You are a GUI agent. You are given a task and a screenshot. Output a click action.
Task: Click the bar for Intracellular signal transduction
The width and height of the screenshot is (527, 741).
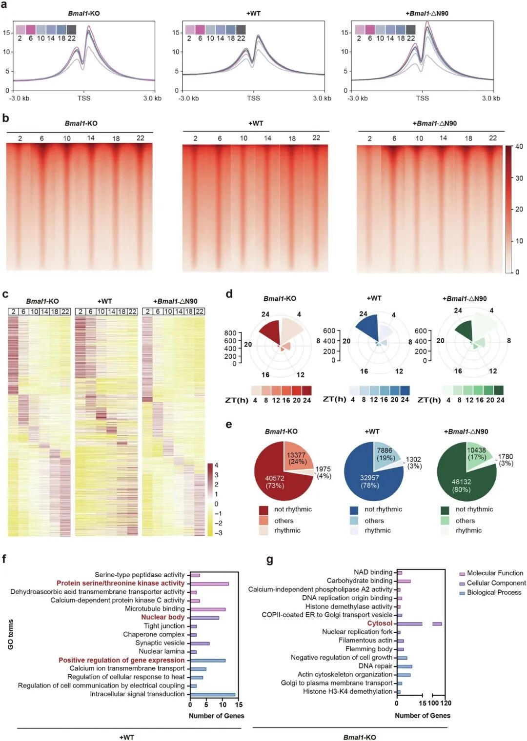(x=213, y=694)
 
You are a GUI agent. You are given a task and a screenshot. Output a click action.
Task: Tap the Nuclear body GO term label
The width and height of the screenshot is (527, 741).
(x=163, y=617)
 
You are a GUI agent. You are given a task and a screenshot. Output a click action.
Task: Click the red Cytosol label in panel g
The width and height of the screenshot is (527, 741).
(x=380, y=623)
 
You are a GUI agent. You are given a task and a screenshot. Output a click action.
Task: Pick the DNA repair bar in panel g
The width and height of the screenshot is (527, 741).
(x=405, y=666)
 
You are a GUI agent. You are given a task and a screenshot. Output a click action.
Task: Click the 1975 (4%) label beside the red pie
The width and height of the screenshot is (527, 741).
(x=323, y=472)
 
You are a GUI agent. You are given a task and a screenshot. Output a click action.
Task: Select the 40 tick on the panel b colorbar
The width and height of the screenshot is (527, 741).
(x=519, y=147)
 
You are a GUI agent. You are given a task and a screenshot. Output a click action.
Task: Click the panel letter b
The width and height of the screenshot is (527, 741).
(x=5, y=118)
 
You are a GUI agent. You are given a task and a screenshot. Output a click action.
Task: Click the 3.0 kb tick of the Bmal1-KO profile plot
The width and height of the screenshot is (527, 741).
(x=153, y=98)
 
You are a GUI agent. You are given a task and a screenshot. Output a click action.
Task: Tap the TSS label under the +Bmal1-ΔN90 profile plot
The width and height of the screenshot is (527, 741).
(x=423, y=98)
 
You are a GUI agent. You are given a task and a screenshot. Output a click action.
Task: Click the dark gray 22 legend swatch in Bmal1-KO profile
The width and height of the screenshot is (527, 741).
(x=72, y=29)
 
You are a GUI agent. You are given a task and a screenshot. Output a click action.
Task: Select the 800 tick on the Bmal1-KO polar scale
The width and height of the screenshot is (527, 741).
(x=230, y=333)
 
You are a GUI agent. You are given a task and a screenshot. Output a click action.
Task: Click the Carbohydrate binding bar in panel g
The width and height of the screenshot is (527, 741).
(x=404, y=581)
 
